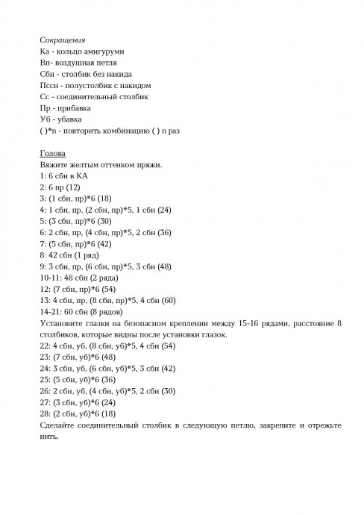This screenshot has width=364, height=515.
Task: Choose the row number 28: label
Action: (45, 413)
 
